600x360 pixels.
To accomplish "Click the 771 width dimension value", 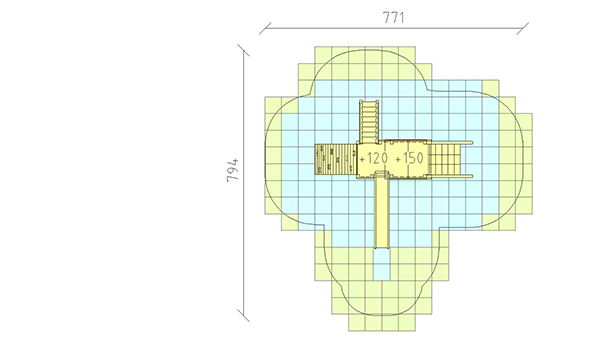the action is (x=393, y=17).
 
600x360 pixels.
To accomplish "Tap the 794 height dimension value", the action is (x=233, y=170).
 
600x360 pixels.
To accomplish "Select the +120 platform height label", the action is (x=374, y=158).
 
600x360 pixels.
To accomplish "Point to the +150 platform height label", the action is (x=409, y=158).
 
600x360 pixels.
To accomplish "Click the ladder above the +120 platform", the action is (x=369, y=121).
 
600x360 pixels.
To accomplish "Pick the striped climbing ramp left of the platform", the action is (x=336, y=159).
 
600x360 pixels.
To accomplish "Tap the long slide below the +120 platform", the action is (x=382, y=210).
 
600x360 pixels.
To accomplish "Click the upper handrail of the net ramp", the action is (x=452, y=143).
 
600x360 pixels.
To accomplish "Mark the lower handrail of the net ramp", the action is (x=452, y=176).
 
